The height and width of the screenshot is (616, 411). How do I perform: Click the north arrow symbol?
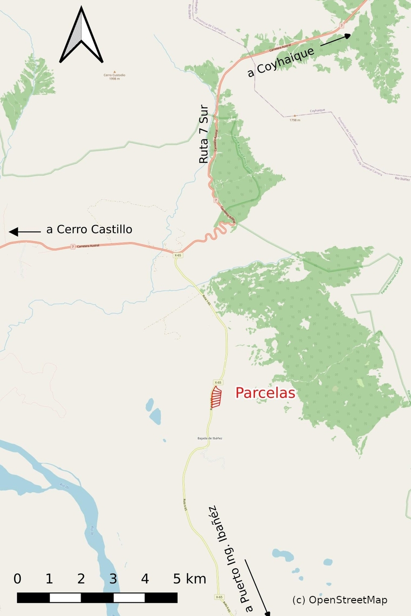coord(81,35)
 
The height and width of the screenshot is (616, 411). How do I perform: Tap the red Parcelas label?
coord(265,393)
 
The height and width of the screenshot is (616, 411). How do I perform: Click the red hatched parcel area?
coord(217,397)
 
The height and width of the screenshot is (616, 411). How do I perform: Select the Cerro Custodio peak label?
coord(114,75)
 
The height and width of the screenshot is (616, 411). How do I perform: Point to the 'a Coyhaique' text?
coord(281,62)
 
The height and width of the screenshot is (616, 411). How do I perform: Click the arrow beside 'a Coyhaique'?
coord(335,40)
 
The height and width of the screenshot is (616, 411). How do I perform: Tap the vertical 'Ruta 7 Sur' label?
coord(203,134)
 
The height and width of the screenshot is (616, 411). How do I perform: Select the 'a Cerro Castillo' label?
coord(89,229)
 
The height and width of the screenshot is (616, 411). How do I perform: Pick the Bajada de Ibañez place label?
coord(210,438)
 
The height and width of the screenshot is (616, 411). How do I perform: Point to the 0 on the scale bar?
coord(18,579)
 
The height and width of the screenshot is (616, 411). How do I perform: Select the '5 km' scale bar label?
coord(189,579)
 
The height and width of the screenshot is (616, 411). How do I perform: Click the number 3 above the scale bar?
coord(113,579)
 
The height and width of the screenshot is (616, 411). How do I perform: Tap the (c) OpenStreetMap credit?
coord(339,600)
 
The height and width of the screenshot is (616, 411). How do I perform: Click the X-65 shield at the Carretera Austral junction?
coord(177,255)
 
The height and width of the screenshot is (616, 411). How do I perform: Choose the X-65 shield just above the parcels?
coord(218,382)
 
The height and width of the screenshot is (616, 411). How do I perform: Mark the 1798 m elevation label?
coord(295,120)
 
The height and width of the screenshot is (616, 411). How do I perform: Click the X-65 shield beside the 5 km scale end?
coord(219,597)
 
